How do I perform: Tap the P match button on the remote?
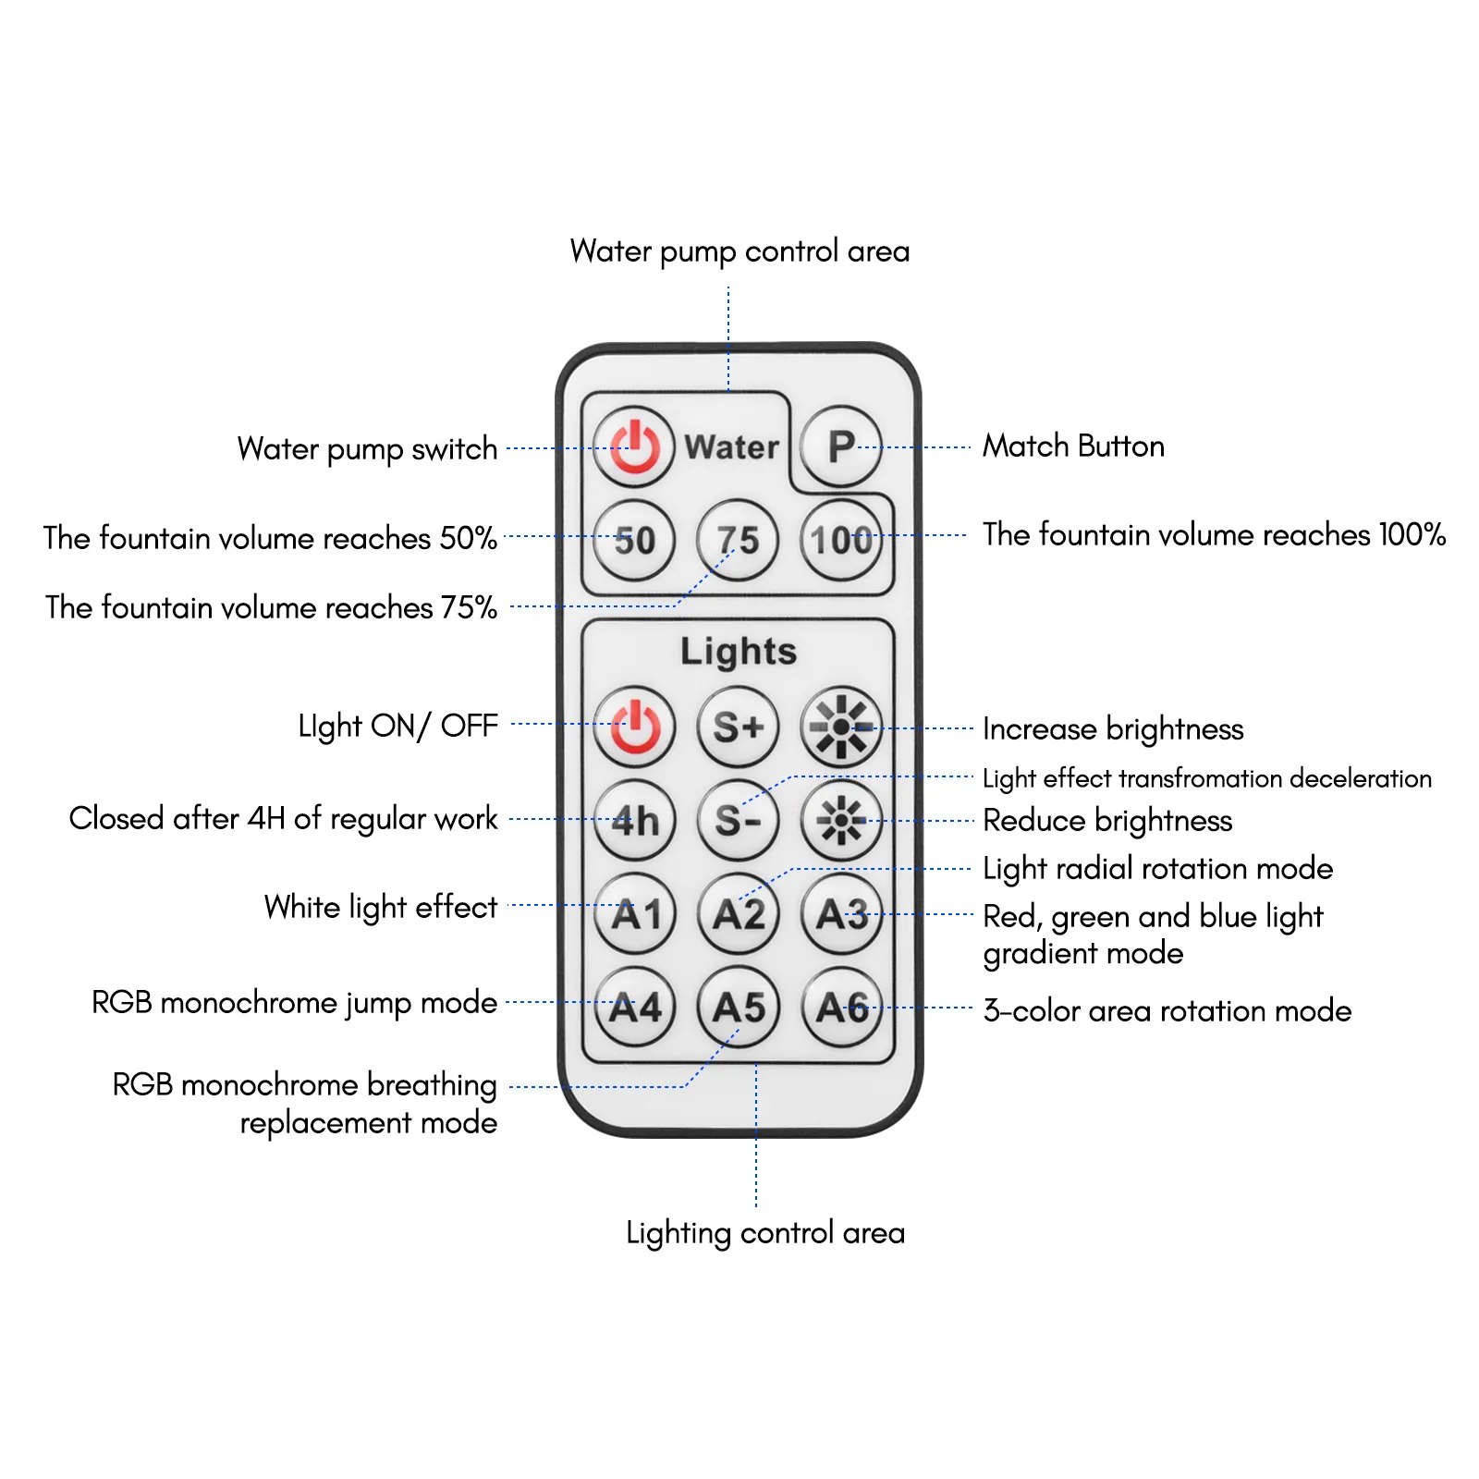(x=840, y=446)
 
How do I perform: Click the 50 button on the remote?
(x=634, y=540)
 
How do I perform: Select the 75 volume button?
(x=738, y=540)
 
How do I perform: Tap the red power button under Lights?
(x=634, y=727)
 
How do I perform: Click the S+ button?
(x=738, y=727)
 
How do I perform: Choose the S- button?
(x=738, y=820)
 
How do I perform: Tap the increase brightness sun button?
(x=841, y=727)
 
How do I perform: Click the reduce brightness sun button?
(x=841, y=820)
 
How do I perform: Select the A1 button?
(x=635, y=913)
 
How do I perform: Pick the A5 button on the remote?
(x=738, y=1007)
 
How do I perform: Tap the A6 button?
(x=841, y=1007)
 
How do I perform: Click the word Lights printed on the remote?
(x=738, y=652)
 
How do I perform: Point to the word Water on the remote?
(x=731, y=447)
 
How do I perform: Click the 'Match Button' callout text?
(x=1073, y=446)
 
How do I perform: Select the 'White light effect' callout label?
(x=380, y=908)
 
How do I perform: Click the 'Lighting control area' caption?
(x=765, y=1233)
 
